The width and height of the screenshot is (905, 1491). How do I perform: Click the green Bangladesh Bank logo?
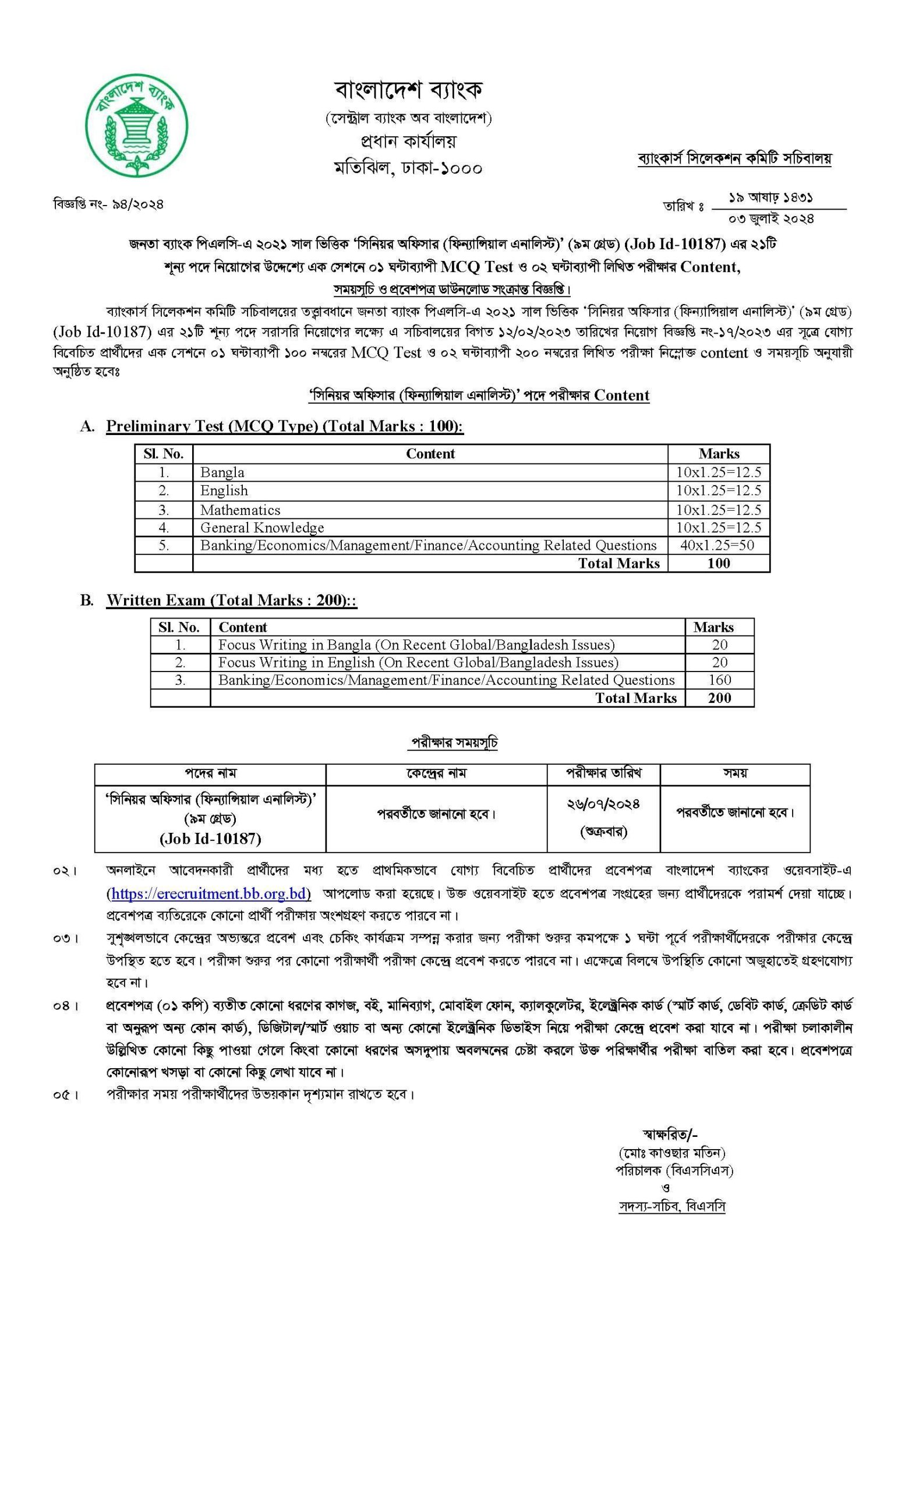tap(136, 125)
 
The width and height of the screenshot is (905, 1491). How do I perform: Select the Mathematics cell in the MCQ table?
tap(240, 510)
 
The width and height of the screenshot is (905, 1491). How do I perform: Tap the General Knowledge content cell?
tap(262, 528)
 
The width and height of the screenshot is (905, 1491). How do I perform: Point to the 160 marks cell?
tap(719, 680)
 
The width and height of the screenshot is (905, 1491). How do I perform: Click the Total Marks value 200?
tap(719, 698)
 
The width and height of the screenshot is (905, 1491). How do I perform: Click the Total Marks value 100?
tap(718, 563)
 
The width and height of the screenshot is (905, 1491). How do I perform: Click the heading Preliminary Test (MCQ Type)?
tap(284, 426)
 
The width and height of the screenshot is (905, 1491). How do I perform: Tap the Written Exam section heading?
tap(231, 600)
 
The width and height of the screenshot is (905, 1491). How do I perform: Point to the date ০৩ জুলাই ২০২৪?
tap(770, 218)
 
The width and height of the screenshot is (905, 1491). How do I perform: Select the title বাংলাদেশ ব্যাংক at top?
tap(408, 90)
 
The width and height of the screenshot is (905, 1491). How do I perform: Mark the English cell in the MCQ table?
tap(224, 491)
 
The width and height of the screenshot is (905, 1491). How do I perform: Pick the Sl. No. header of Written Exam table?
tap(179, 627)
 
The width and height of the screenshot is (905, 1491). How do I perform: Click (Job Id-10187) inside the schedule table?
tap(210, 839)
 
